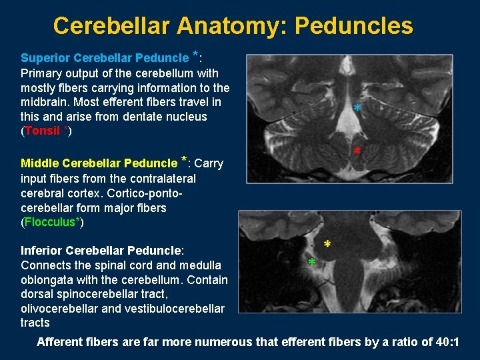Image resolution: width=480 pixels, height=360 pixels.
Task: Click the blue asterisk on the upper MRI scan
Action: pyautogui.click(x=358, y=108)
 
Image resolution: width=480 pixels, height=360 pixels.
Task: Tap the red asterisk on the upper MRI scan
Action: pyautogui.click(x=358, y=151)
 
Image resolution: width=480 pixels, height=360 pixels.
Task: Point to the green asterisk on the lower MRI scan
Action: pyautogui.click(x=312, y=263)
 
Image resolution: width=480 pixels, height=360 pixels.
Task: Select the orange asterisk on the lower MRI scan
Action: pyautogui.click(x=327, y=245)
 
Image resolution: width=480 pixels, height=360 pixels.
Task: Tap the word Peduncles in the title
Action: pyautogui.click(x=353, y=26)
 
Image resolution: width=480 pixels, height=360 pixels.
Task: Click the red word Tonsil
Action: pyautogui.click(x=43, y=131)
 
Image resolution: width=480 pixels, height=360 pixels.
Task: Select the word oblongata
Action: pyautogui.click(x=47, y=280)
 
